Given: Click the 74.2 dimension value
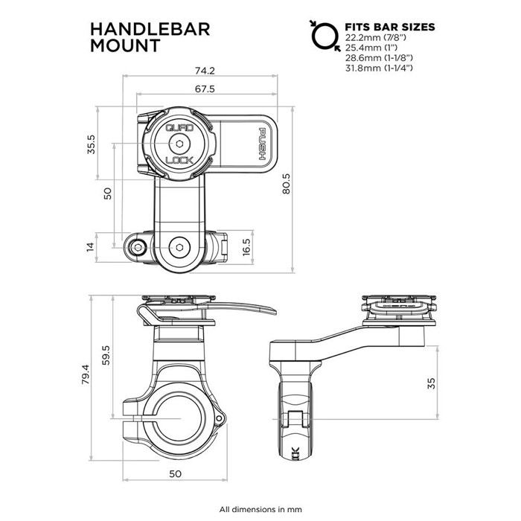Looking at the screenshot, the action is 205,71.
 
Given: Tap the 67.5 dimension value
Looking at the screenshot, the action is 205,89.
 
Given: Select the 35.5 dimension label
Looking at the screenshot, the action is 91,144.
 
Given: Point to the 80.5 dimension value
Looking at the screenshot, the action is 286,184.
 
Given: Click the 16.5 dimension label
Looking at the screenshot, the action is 246,247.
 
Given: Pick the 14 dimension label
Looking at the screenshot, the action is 90,246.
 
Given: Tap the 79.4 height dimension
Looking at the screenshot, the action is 86,374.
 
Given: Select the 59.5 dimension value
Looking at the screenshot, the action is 106,355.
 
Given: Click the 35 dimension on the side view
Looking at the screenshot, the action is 431,383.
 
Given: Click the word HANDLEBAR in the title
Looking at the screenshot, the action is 150,29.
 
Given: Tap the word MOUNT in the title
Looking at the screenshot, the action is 125,45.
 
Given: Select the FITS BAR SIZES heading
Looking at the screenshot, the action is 390,27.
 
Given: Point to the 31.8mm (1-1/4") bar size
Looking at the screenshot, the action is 379,68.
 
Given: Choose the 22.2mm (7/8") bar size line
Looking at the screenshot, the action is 375,37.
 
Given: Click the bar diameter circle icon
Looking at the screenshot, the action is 325,36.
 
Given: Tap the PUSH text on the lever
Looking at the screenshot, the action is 262,144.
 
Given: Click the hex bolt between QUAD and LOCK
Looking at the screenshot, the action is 179,144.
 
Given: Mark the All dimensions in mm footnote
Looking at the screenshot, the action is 260,509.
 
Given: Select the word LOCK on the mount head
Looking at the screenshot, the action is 179,161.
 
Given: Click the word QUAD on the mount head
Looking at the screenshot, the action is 179,127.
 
